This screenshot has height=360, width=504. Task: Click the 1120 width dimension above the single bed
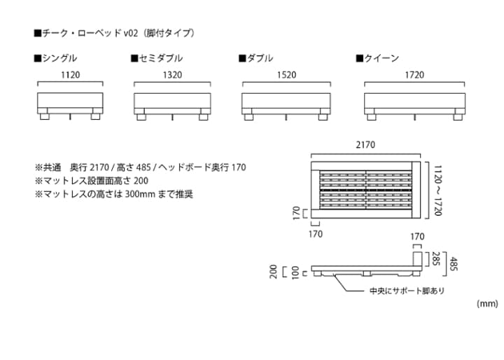[70, 75]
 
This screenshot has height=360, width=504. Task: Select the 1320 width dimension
[172, 75]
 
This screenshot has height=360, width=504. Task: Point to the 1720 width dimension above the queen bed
[415, 75]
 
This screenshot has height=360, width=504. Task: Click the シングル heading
[55, 58]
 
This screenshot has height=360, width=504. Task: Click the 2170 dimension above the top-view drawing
[365, 145]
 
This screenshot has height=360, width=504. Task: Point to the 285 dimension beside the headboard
[435, 259]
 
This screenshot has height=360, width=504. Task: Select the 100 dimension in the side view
[295, 272]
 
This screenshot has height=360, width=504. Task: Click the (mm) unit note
[486, 304]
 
